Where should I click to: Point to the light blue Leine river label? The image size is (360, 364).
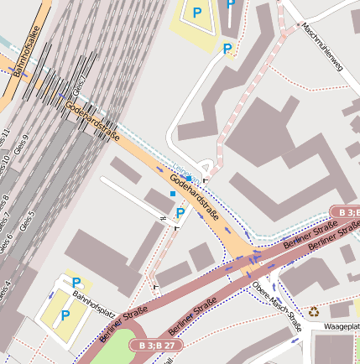[183, 171]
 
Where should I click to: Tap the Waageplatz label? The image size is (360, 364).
[342, 325]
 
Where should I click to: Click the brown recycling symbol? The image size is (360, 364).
[314, 311]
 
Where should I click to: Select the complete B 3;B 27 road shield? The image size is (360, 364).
[156, 345]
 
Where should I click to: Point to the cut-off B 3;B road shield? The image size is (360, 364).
[344, 211]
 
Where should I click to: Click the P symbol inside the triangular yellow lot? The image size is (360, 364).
[197, 13]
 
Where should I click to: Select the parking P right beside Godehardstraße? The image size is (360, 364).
[180, 213]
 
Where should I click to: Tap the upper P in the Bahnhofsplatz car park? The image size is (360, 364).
[76, 283]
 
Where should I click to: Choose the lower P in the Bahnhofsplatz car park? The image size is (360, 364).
[65, 315]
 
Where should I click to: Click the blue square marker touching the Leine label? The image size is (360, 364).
[190, 178]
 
